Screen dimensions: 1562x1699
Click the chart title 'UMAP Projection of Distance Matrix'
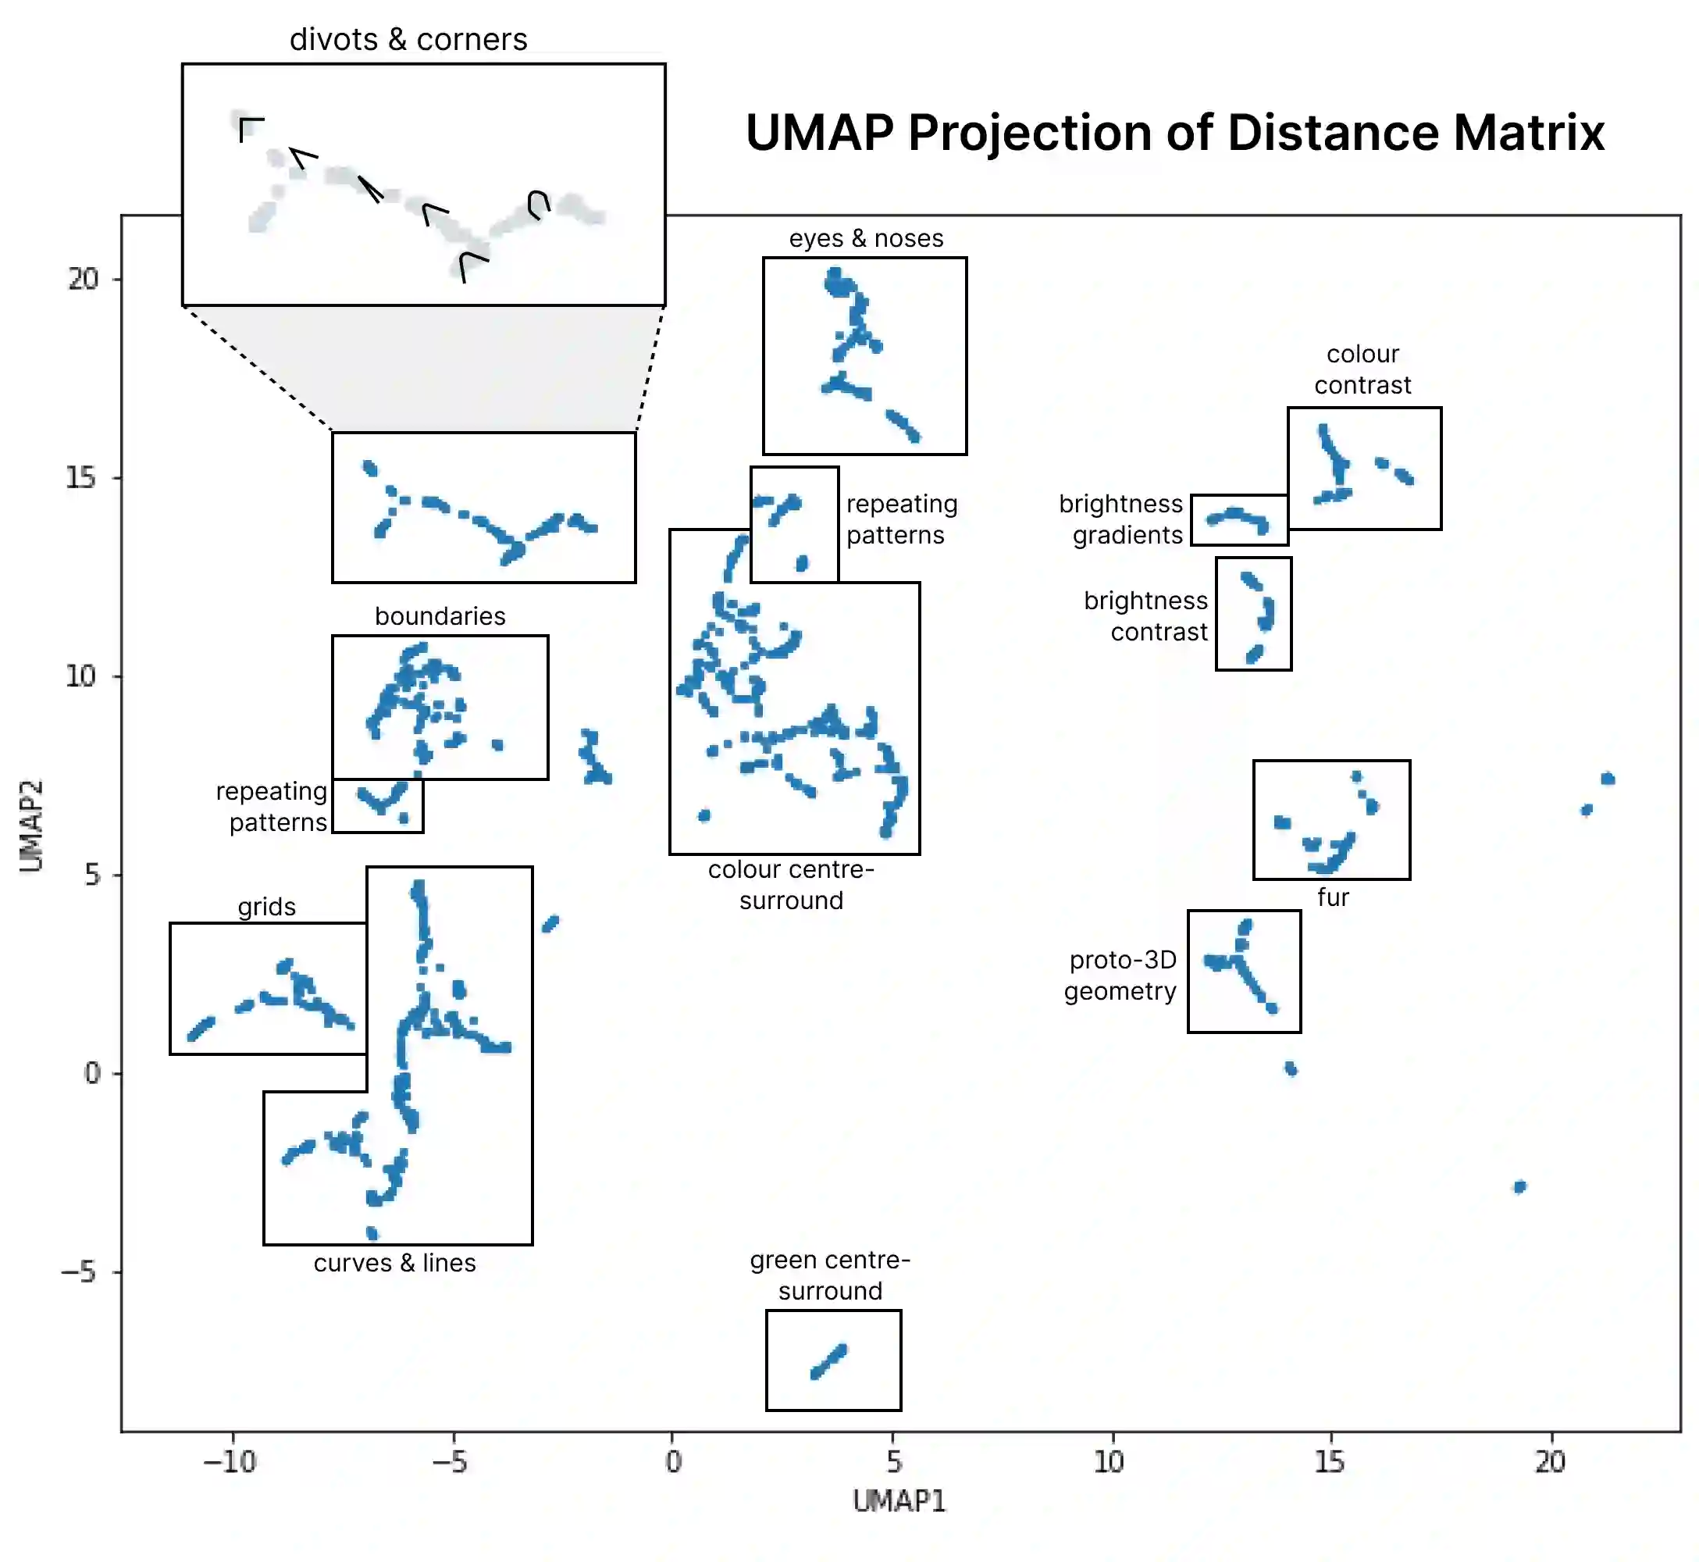pos(1174,134)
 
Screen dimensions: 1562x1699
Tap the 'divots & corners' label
pos(408,40)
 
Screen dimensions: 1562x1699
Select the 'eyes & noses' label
pos(866,238)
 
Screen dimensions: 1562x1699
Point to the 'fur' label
pos(1332,897)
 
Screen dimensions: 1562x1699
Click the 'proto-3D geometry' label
pos(1120,975)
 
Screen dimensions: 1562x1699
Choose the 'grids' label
pos(266,907)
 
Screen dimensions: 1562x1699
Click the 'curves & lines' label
pos(394,1263)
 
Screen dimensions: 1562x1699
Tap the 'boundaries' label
pos(440,616)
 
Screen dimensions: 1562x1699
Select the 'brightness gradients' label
pos(1121,519)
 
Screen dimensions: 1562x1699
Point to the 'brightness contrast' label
pos(1146,616)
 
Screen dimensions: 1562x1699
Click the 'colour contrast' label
pos(1362,369)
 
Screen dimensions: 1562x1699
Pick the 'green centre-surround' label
pos(830,1275)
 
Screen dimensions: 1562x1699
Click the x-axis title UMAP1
pos(899,1501)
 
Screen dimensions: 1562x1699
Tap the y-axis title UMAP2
pos(31,825)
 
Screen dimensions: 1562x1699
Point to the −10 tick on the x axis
pos(230,1461)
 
